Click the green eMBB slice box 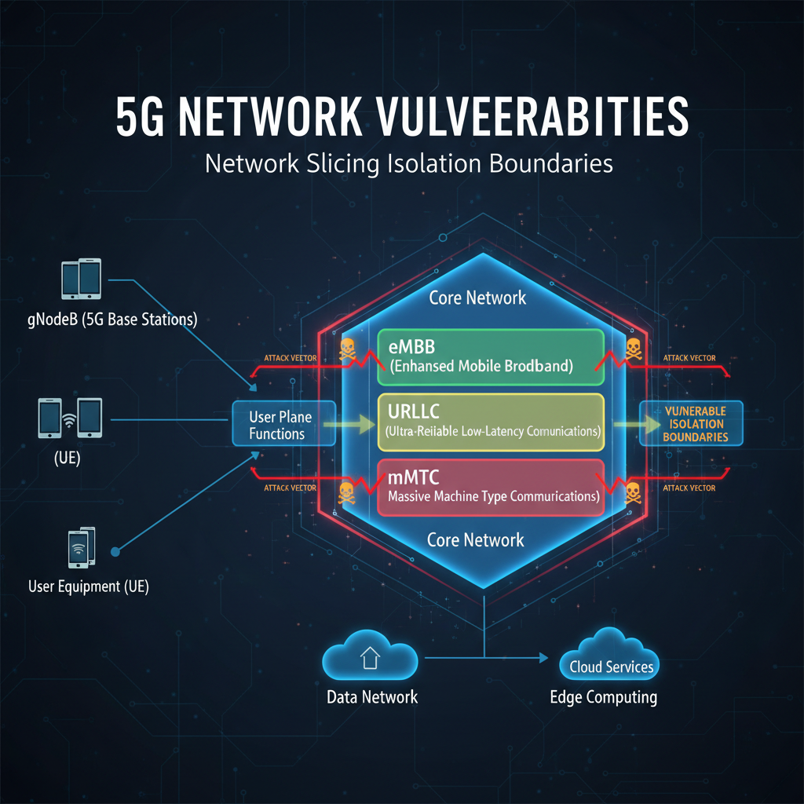click(491, 356)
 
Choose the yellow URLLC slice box click(491, 422)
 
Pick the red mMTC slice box click(491, 488)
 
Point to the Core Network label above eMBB click(477, 298)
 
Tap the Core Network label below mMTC click(475, 539)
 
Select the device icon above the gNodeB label click(81, 280)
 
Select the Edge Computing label click(603, 697)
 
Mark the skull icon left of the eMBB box click(347, 351)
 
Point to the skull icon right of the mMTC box click(632, 493)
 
